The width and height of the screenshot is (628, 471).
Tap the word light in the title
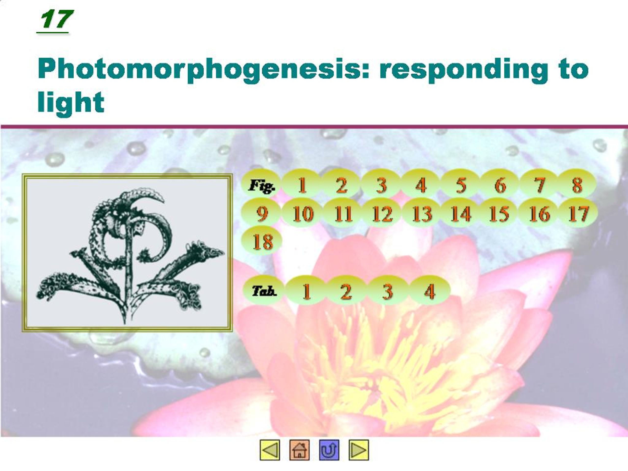pyautogui.click(x=71, y=102)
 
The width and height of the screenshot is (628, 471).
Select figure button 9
pyautogui.click(x=262, y=213)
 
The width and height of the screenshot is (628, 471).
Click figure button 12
pyautogui.click(x=382, y=213)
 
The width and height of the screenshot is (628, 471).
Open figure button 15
pyautogui.click(x=499, y=213)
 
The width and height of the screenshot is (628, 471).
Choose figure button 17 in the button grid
pyautogui.click(x=578, y=213)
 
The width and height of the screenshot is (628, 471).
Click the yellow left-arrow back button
pyautogui.click(x=270, y=450)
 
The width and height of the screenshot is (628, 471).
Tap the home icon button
pyautogui.click(x=299, y=450)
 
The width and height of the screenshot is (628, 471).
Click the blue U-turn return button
pyautogui.click(x=329, y=450)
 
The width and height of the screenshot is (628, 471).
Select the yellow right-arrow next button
pyautogui.click(x=359, y=450)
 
